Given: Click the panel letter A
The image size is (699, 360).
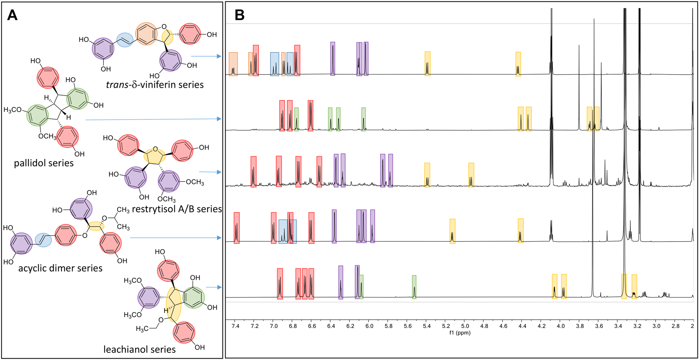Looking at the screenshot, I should tap(12, 15).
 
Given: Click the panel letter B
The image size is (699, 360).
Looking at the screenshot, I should tap(239, 15).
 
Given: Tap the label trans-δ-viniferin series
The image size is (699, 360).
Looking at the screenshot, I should tap(155, 84).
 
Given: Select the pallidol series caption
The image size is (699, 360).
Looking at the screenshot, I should tap(44, 163).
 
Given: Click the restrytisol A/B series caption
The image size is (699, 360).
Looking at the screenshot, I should tap(177, 209).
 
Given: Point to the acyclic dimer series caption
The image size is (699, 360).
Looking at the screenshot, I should tap(60, 268).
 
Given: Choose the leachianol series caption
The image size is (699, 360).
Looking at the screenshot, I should tap(139, 349).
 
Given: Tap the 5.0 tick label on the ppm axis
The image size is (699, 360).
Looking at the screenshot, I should tap(465, 326).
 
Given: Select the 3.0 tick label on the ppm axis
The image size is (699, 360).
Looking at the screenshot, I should tap(656, 326).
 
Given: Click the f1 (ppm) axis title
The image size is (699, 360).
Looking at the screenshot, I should tap(460, 333).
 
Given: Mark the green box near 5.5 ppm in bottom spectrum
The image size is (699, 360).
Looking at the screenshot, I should tap(414, 287).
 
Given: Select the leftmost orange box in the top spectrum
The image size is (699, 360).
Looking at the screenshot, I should tap(233, 64).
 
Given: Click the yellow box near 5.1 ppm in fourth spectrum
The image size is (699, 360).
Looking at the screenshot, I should tap(452, 231).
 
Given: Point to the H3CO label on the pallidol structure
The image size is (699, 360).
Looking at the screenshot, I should tap(12, 110).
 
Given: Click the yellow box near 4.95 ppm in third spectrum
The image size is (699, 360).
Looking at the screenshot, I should tap(471, 175).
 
